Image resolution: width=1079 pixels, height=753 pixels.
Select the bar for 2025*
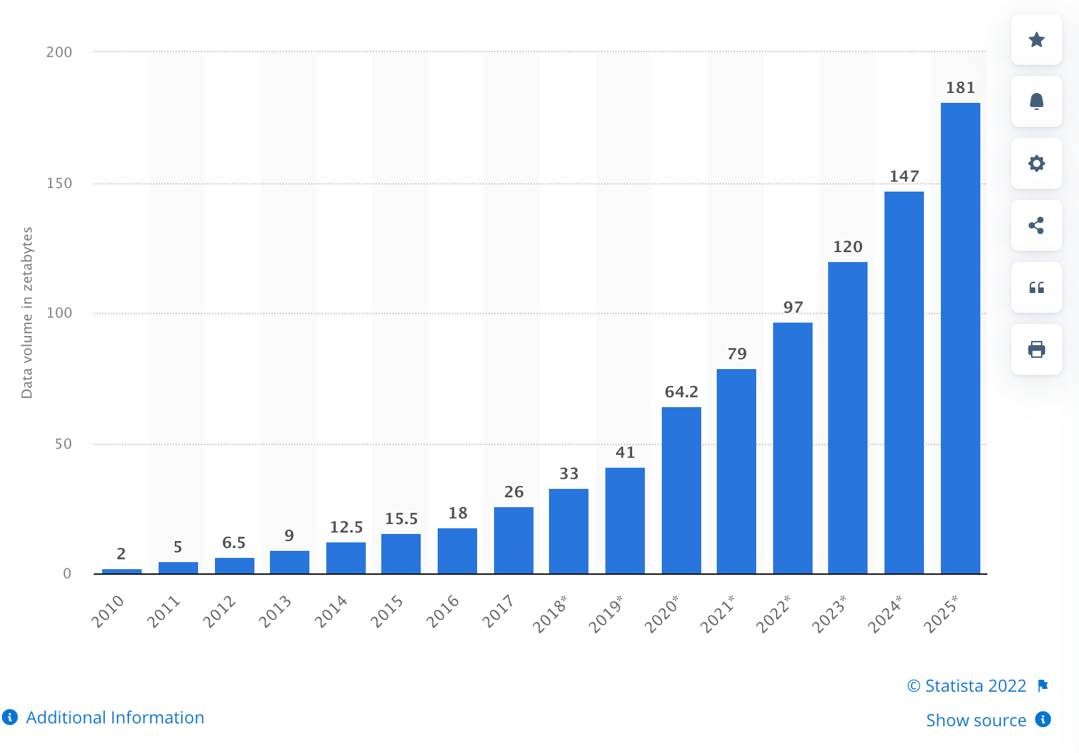[x=960, y=338]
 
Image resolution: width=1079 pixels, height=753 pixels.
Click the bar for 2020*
[x=681, y=490]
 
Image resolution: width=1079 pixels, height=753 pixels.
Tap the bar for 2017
[x=513, y=540]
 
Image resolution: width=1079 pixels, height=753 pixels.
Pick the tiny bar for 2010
[x=121, y=571]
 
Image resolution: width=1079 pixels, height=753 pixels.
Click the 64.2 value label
[x=681, y=392]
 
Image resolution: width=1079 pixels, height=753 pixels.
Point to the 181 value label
[x=960, y=88]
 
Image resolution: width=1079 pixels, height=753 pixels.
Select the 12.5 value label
[x=346, y=528]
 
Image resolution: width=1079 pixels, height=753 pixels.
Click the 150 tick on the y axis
[x=59, y=183]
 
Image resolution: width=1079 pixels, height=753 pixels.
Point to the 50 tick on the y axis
[x=63, y=444]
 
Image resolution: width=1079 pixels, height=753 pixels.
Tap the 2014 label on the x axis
[x=331, y=611]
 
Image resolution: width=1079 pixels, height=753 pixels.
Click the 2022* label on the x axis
[x=774, y=614]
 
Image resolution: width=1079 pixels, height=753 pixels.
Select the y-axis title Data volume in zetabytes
[x=27, y=313]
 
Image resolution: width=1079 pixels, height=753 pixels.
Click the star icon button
[x=1036, y=39]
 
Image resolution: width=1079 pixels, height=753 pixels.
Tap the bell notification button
[x=1036, y=101]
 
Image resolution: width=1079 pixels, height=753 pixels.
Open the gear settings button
[x=1036, y=163]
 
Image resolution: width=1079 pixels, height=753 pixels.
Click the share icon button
[x=1036, y=225]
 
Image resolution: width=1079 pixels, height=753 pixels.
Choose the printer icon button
[x=1036, y=349]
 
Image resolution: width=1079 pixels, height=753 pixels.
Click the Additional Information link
[x=115, y=718]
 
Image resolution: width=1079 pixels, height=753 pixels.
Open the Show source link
[x=975, y=721]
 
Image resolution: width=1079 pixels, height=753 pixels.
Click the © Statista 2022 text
[x=966, y=686]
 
